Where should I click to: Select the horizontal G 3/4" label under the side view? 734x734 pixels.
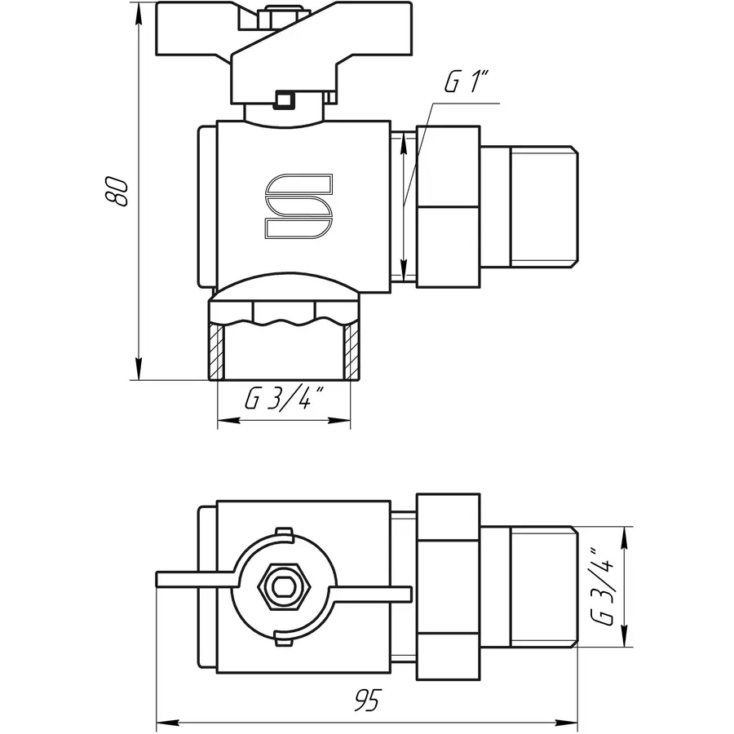[x=284, y=400]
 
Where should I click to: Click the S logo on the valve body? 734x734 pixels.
[x=298, y=207]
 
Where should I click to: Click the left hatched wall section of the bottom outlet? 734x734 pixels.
[x=216, y=352]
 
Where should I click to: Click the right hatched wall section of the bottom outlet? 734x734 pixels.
[x=352, y=352]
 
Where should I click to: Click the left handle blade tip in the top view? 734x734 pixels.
[x=163, y=579]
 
